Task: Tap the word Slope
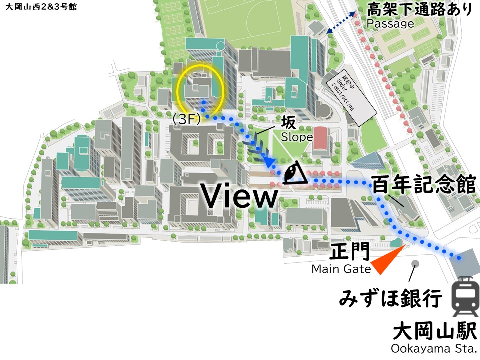pos(297,137)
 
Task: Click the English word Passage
pos(390,23)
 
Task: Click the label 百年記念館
pos(424,184)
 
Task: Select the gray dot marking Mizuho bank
pos(415,263)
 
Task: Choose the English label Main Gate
pos(341,269)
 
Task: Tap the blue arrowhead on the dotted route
pos(270,162)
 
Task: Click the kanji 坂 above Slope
pos(288,122)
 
